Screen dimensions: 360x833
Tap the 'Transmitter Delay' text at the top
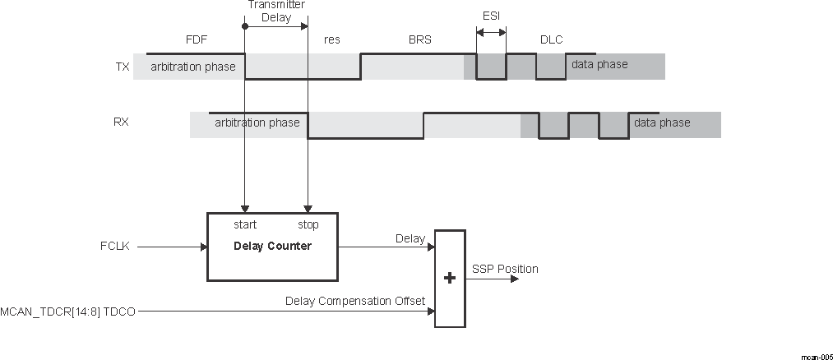point(275,10)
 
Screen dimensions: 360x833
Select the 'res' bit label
point(332,39)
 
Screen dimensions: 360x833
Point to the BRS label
point(419,39)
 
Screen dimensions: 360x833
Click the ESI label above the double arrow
point(491,16)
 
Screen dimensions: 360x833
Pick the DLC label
point(551,39)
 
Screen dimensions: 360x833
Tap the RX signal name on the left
point(121,122)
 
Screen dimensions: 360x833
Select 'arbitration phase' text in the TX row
point(192,67)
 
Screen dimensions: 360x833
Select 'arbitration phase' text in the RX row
point(257,123)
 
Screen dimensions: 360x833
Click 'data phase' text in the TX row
point(599,65)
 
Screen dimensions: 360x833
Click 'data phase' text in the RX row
point(662,123)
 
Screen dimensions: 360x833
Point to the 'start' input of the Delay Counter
point(245,224)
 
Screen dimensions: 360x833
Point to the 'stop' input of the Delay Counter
point(308,224)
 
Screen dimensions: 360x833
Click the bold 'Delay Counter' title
point(272,246)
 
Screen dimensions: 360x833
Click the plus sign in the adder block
point(449,279)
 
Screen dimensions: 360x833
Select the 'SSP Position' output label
point(505,269)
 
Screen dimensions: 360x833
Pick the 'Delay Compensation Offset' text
point(354,301)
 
